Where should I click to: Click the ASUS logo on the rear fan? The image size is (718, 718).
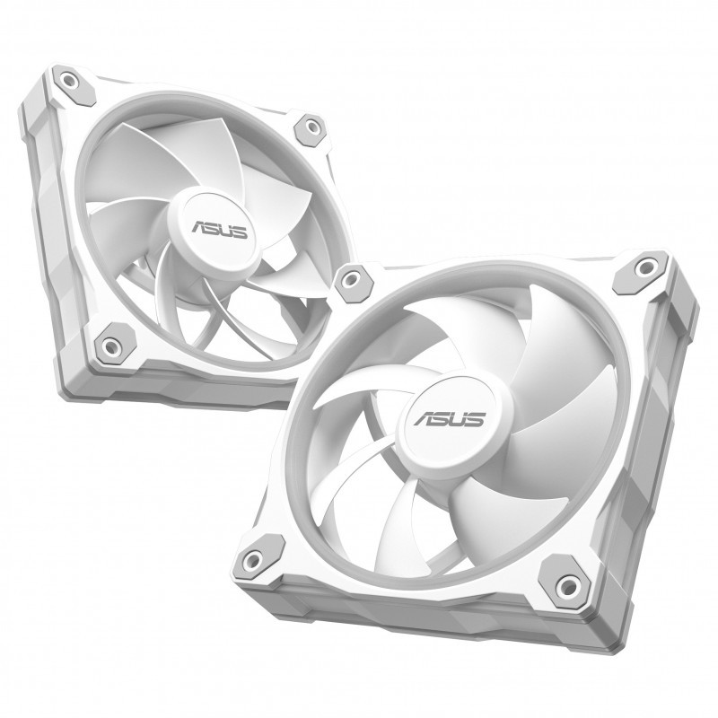tap(219, 229)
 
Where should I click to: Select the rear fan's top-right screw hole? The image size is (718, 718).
tap(312, 126)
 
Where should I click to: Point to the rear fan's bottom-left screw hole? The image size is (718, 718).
tap(109, 345)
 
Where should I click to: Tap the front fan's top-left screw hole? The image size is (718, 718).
tap(350, 278)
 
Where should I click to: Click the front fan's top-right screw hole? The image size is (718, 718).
tap(645, 267)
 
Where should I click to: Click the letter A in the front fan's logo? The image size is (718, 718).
tap(423, 417)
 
